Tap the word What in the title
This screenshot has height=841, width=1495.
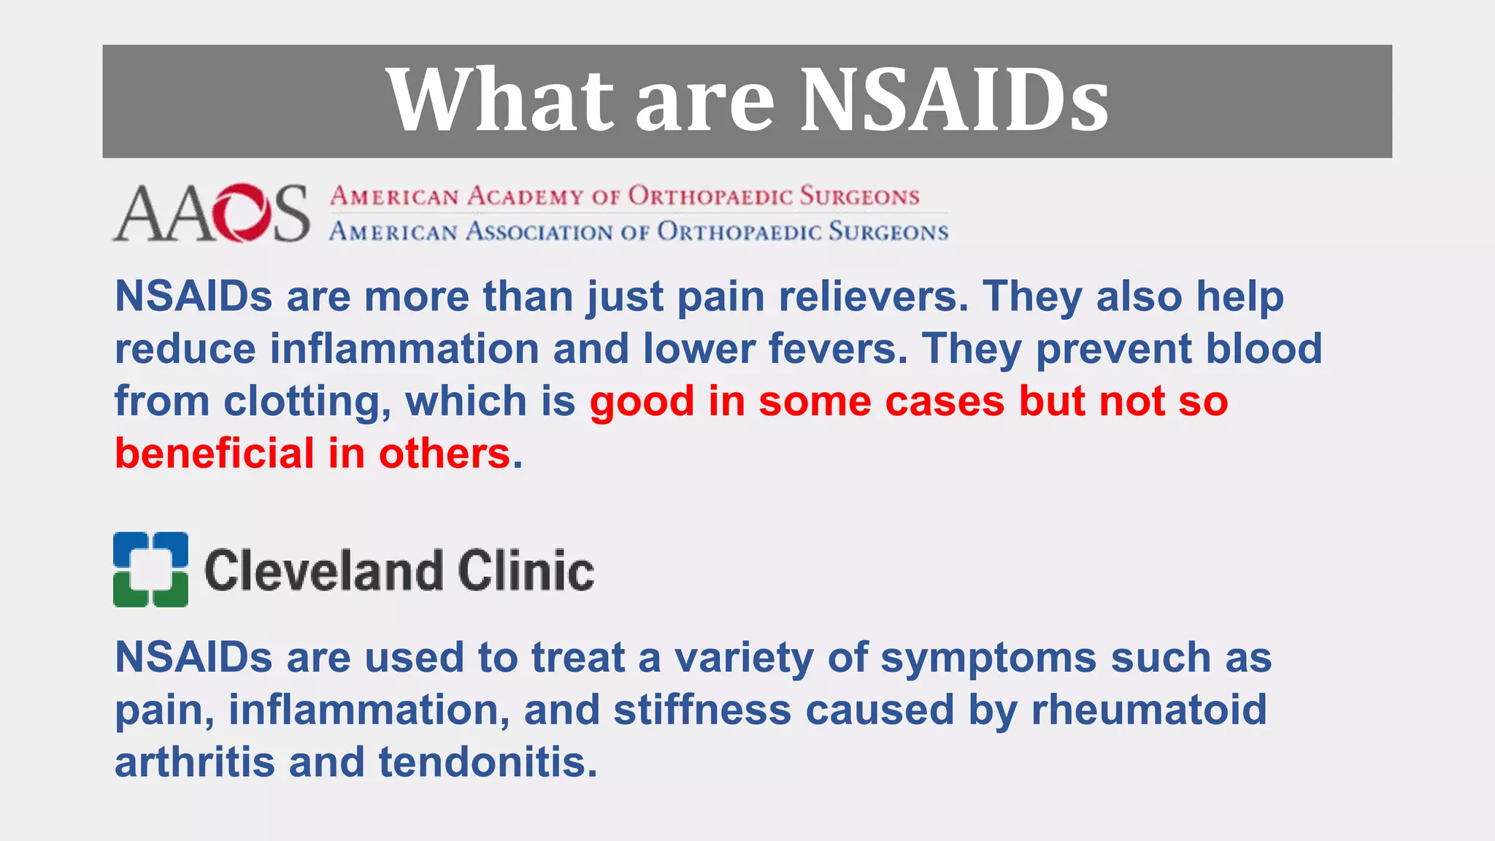click(500, 100)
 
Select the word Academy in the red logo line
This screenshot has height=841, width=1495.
click(525, 196)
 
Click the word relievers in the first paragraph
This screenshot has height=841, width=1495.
click(873, 296)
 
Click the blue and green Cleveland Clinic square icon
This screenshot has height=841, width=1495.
click(150, 569)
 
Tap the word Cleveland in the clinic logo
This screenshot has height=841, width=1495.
click(323, 570)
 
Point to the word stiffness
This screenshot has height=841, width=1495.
click(702, 710)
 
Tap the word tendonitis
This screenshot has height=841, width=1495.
click(487, 762)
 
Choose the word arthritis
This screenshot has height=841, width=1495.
click(194, 762)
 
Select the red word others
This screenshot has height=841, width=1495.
click(444, 453)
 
